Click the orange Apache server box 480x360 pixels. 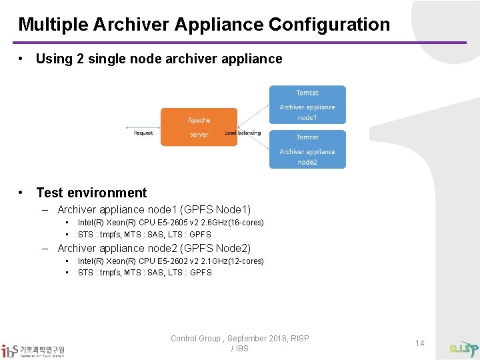(x=199, y=127)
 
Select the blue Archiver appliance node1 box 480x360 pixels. (x=307, y=105)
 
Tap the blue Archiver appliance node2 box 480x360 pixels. (x=307, y=149)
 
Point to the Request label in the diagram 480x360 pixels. (x=143, y=133)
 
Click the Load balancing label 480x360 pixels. (x=243, y=133)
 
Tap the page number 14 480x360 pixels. (x=419, y=343)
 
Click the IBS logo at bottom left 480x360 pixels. (x=33, y=351)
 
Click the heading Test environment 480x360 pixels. (x=91, y=193)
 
